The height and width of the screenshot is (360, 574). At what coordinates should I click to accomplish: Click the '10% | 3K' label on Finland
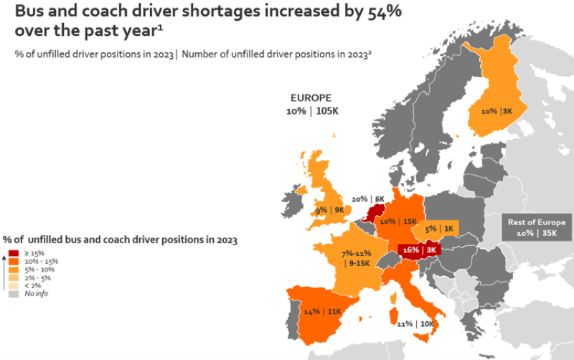click(x=497, y=111)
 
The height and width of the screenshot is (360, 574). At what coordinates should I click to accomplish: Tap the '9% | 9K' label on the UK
click(x=330, y=210)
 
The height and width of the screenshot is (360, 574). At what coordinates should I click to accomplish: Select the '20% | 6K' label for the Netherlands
click(x=368, y=199)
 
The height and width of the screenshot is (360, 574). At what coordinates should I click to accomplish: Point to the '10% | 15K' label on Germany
click(x=398, y=222)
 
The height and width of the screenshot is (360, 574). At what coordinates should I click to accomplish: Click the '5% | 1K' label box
click(x=439, y=229)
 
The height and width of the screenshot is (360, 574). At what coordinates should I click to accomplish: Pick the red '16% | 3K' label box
click(x=420, y=250)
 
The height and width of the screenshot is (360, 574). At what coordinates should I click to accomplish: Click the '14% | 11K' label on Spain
click(x=322, y=311)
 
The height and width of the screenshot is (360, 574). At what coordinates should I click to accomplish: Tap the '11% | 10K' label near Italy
click(x=415, y=323)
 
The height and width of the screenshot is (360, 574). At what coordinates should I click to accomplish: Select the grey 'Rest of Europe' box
click(x=536, y=227)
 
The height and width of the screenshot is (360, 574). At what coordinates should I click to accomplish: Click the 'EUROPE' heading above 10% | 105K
click(x=311, y=98)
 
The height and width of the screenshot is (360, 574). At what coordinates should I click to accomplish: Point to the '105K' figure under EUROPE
click(x=327, y=111)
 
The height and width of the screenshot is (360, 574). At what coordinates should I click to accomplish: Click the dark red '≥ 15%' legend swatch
click(x=14, y=253)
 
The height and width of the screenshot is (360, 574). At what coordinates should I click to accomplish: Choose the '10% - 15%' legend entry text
click(x=42, y=261)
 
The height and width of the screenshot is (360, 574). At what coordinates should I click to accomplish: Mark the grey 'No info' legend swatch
click(x=14, y=294)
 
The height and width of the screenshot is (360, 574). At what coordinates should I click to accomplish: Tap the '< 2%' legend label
click(x=32, y=285)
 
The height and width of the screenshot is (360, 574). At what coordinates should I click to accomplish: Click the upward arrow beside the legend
click(x=4, y=273)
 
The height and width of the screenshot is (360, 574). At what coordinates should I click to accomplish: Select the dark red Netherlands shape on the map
click(x=372, y=213)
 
